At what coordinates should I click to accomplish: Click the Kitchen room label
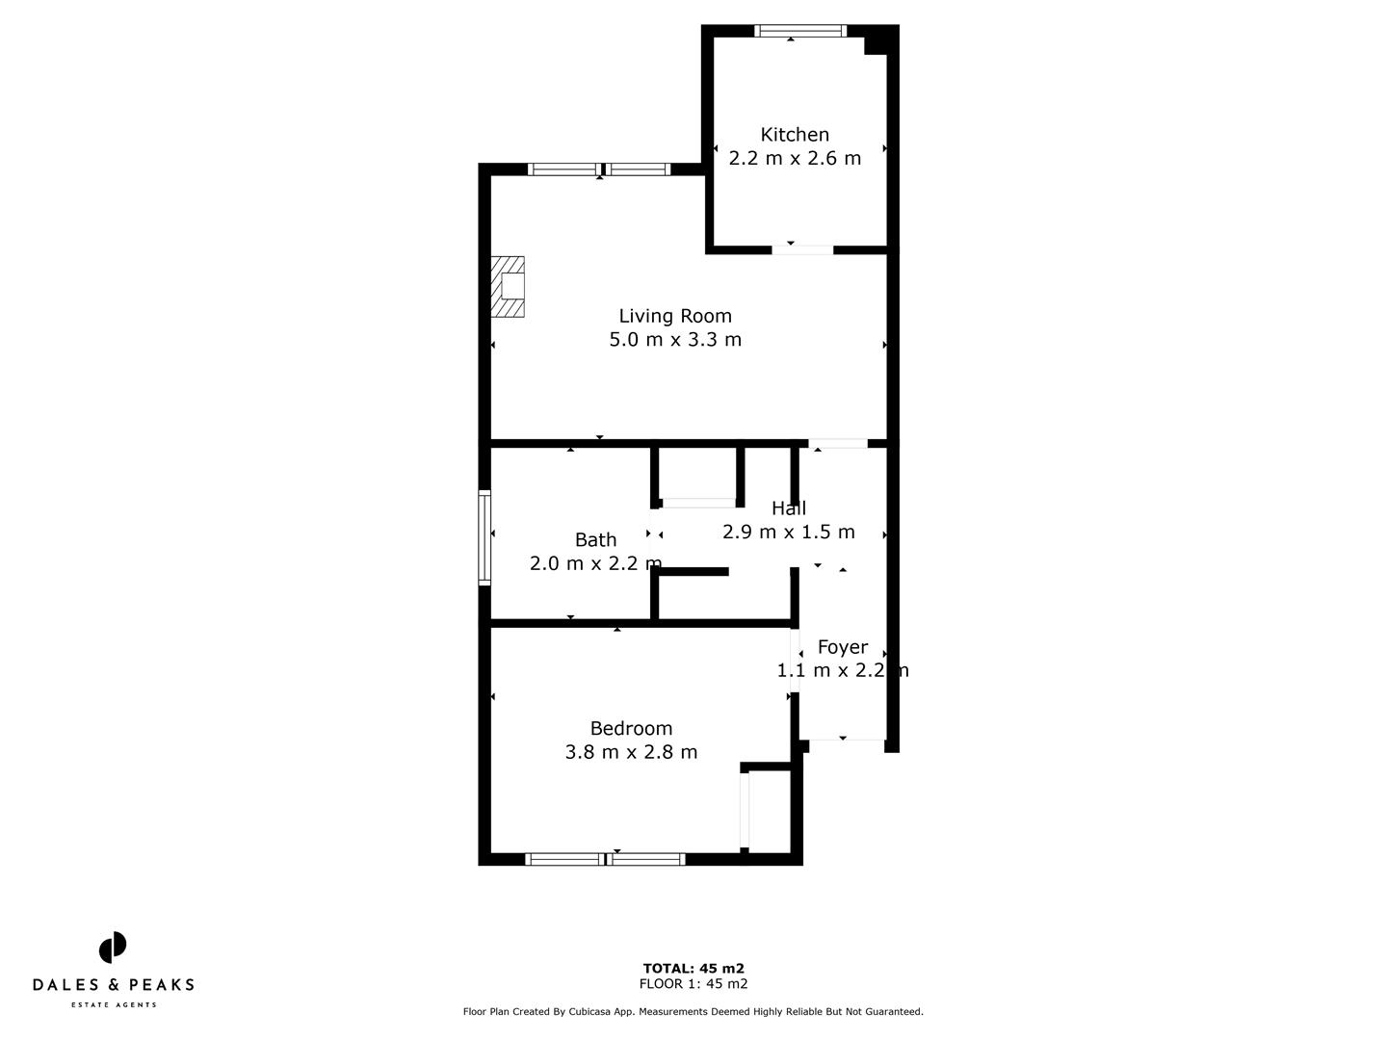pyautogui.click(x=795, y=135)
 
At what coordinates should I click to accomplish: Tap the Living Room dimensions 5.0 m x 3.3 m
pyautogui.click(x=675, y=340)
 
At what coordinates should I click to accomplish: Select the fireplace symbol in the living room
pyautogui.click(x=509, y=287)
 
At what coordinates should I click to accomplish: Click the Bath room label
pyautogui.click(x=595, y=540)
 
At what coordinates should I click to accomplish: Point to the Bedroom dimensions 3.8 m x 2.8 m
pyautogui.click(x=631, y=752)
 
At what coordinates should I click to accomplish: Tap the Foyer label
pyautogui.click(x=842, y=647)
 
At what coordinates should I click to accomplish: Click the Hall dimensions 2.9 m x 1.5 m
pyautogui.click(x=788, y=533)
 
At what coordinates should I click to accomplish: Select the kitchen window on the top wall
pyautogui.click(x=800, y=31)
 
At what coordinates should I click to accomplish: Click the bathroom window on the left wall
pyautogui.click(x=484, y=538)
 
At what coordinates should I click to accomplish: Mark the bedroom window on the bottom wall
pyautogui.click(x=605, y=859)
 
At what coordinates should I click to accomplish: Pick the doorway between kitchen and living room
pyautogui.click(x=802, y=250)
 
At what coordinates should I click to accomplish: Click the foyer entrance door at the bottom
pyautogui.click(x=843, y=740)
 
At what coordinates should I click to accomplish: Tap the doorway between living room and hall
pyautogui.click(x=838, y=444)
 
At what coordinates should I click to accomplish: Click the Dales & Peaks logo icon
pyautogui.click(x=113, y=948)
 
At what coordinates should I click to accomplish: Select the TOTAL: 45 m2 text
pyautogui.click(x=693, y=969)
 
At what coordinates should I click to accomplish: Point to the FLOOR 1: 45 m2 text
pyautogui.click(x=693, y=984)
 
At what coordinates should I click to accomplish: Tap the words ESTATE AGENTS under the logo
pyautogui.click(x=114, y=1005)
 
